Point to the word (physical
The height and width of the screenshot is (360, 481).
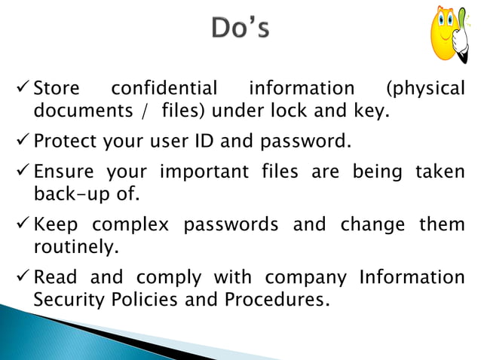(x=424, y=89)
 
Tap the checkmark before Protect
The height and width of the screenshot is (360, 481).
(x=21, y=142)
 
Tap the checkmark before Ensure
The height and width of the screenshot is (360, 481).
(x=21, y=172)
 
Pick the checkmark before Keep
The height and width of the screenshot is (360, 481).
(x=21, y=224)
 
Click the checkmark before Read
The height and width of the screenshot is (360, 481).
(x=21, y=277)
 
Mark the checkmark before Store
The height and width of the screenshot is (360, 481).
(x=21, y=89)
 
